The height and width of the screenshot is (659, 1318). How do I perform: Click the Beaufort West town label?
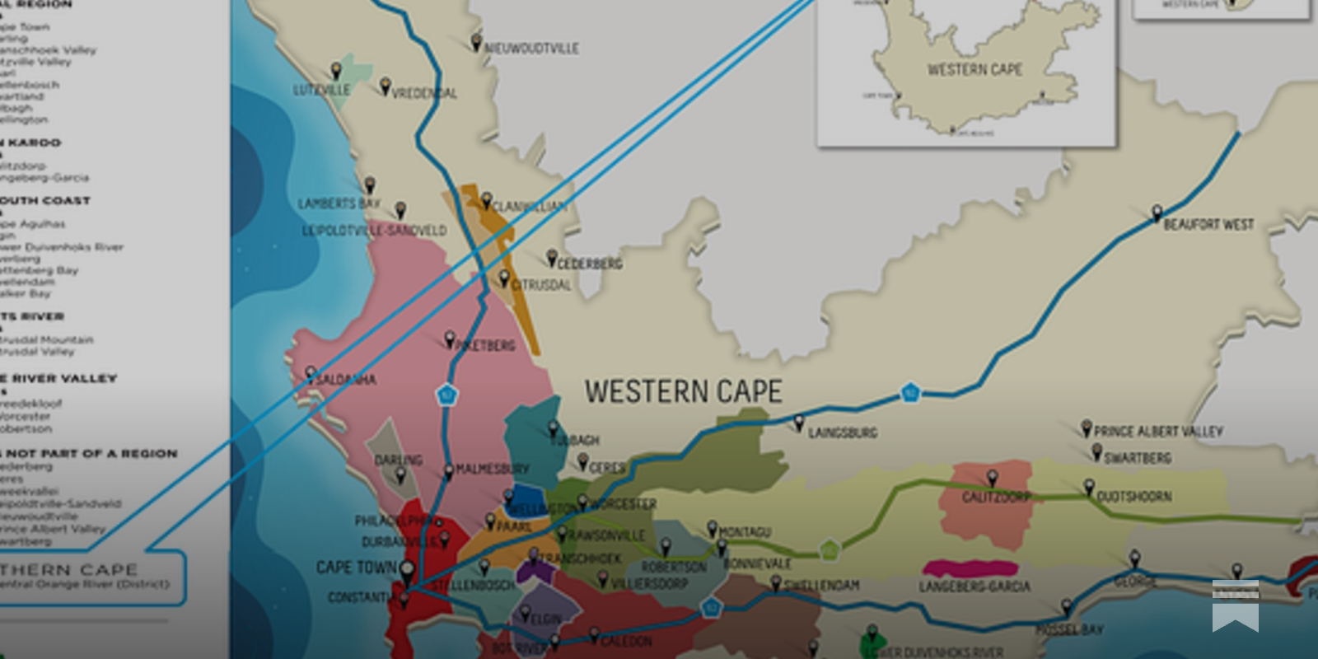(x=1208, y=224)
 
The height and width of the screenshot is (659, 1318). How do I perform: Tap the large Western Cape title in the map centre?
(x=683, y=392)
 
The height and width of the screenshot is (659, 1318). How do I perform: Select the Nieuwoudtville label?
(x=531, y=49)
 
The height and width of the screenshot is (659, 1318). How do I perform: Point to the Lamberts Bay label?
(x=339, y=203)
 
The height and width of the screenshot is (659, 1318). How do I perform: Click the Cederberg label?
(x=590, y=264)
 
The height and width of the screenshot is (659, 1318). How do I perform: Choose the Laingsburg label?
(x=842, y=432)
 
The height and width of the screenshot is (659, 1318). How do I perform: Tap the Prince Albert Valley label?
(x=1157, y=431)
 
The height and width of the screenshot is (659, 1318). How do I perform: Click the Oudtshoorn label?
(x=1133, y=497)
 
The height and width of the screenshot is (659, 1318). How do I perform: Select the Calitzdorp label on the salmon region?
(x=995, y=498)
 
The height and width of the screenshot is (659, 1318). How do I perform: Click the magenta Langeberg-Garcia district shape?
(x=970, y=568)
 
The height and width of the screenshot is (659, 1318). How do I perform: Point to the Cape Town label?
(x=356, y=568)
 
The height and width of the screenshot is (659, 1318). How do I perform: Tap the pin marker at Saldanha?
(x=311, y=374)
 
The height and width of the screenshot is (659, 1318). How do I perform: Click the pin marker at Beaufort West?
(x=1157, y=213)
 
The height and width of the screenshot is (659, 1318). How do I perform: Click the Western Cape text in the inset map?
(x=974, y=70)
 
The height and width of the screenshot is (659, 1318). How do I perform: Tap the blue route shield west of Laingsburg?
(x=909, y=392)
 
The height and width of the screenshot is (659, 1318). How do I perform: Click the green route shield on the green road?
(x=830, y=549)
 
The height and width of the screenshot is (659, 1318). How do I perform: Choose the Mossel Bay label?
(x=1068, y=630)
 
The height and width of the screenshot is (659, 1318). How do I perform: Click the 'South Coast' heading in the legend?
(x=45, y=200)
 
